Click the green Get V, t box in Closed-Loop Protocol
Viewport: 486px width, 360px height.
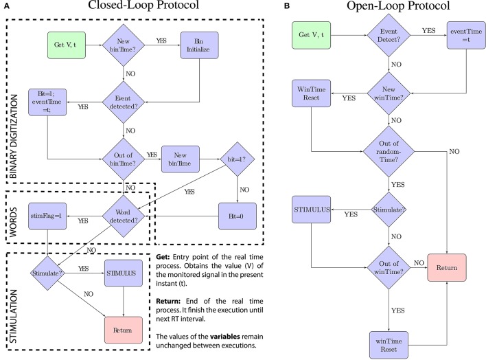[x=67, y=45]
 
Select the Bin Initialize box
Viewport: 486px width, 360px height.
[x=200, y=45]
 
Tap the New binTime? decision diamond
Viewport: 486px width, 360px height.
[x=124, y=45]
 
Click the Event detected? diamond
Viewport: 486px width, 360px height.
[x=124, y=102]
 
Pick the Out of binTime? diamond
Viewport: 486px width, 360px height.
[x=124, y=159]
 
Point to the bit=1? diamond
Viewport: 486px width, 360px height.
[x=237, y=159]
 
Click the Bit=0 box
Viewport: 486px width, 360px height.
[x=238, y=216]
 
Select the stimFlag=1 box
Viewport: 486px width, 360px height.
[x=47, y=216]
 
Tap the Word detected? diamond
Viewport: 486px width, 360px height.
[x=124, y=216]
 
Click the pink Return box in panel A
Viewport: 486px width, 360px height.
[x=124, y=330]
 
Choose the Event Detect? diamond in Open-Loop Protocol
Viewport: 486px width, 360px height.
[x=389, y=35]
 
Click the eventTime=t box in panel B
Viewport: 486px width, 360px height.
[x=467, y=35]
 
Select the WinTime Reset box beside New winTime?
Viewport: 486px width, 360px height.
[x=311, y=93]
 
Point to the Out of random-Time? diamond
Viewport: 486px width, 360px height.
[x=389, y=151]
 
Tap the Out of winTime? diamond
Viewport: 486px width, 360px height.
[x=389, y=267]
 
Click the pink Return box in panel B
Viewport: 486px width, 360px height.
[x=447, y=267]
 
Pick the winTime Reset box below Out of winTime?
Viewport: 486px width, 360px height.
[x=389, y=345]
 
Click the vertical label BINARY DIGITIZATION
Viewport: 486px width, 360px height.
[x=13, y=137]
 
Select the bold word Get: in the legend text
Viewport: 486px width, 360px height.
[x=163, y=257]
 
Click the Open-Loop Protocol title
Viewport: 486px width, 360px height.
[x=398, y=5]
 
